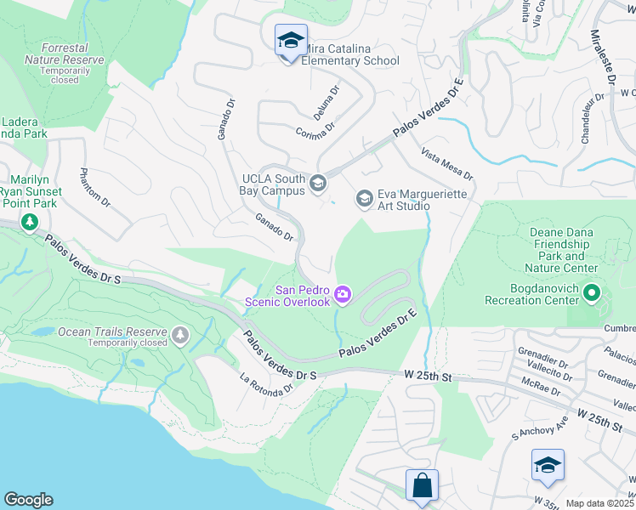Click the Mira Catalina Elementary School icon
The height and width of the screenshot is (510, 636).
[x=291, y=40]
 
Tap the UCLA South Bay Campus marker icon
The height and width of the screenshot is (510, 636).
[x=318, y=183]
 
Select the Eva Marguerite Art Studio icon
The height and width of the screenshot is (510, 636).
[x=364, y=199]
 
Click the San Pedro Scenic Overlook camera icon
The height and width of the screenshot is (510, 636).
[x=343, y=294]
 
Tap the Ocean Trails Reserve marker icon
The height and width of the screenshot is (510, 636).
[x=179, y=336]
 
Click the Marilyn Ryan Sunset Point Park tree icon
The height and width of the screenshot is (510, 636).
[x=31, y=223]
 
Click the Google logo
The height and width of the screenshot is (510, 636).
[x=28, y=500]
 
